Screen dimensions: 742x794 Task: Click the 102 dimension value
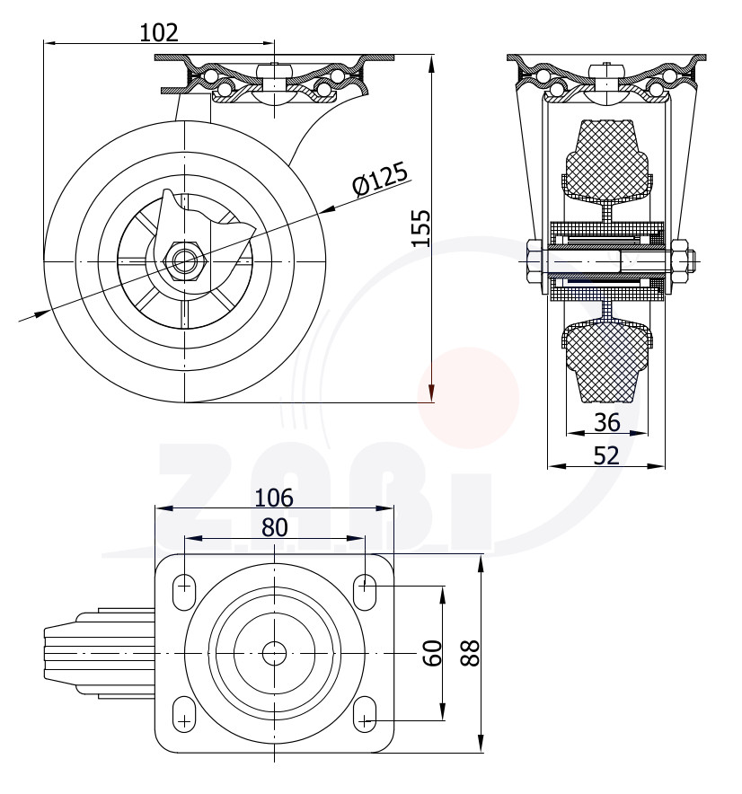click(x=159, y=33)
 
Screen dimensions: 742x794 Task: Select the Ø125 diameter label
click(x=379, y=179)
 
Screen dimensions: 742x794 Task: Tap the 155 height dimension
click(x=420, y=227)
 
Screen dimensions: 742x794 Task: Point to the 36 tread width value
click(x=606, y=422)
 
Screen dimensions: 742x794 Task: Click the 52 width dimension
click(x=606, y=455)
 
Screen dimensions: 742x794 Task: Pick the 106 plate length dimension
click(x=273, y=498)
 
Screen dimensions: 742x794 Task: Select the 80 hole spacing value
click(x=275, y=527)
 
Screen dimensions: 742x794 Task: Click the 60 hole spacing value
click(x=432, y=653)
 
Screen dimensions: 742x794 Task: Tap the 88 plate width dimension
click(x=470, y=653)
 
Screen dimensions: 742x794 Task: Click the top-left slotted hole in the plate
click(x=184, y=592)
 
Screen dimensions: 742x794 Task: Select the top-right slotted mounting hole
click(x=365, y=592)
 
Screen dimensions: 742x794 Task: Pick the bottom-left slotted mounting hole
click(x=184, y=714)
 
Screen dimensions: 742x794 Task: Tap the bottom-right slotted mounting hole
click(x=365, y=714)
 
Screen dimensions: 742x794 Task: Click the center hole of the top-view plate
click(x=274, y=653)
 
